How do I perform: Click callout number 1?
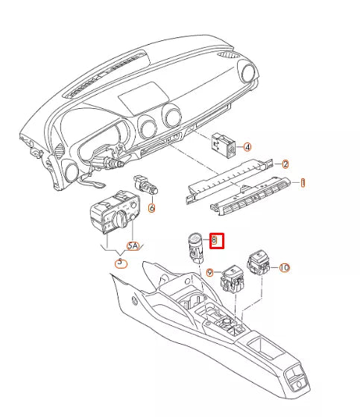click(303, 182)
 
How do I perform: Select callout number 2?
click(285, 163)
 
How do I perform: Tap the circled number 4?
click(247, 148)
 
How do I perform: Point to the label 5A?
click(133, 245)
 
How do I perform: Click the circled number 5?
click(118, 262)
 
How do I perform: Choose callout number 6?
click(151, 208)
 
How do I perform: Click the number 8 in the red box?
click(214, 240)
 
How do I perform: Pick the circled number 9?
click(211, 274)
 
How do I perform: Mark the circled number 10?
click(284, 266)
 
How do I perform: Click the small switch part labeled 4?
click(223, 144)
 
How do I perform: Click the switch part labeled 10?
click(262, 262)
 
